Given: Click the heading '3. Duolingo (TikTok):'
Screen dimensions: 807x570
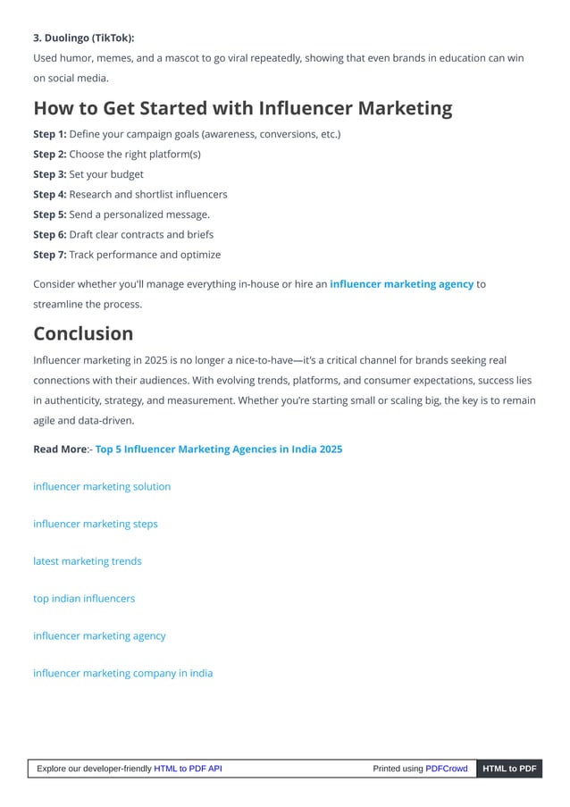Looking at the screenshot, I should tap(84, 38).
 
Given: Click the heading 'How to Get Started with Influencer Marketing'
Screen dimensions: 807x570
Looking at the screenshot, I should tap(242, 108).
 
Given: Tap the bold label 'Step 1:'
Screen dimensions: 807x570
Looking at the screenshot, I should tap(50, 134).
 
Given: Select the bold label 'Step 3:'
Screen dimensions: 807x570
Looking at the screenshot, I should tap(50, 174).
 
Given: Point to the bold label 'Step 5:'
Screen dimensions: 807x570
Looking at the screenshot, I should tap(50, 214).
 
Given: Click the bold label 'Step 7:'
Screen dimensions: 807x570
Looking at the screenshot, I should tap(50, 255).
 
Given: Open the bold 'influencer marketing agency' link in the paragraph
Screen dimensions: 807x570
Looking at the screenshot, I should tap(401, 284).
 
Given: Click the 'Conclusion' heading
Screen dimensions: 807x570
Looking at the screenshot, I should tap(83, 333).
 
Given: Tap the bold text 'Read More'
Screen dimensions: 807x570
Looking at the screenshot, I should tap(59, 449).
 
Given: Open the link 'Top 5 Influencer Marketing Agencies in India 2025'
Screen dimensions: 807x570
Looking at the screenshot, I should tap(219, 449).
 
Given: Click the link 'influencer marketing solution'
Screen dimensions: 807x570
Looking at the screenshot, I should tap(102, 486).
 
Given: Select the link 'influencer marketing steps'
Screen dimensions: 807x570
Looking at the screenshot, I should tap(96, 524).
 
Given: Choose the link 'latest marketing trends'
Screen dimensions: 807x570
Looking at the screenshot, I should tap(88, 561).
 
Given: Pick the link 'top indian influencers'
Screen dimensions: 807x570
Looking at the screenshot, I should tap(84, 599).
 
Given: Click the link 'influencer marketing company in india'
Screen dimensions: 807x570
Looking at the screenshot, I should tap(123, 673).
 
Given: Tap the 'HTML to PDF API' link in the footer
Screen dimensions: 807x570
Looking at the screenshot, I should tap(188, 769).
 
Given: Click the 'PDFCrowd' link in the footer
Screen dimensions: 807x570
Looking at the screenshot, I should tap(446, 769).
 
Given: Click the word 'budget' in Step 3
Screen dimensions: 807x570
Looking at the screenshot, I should tap(126, 174).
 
